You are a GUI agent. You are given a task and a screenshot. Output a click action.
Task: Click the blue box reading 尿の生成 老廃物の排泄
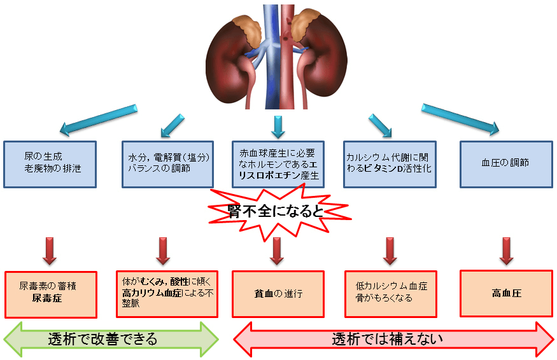coord(50,164)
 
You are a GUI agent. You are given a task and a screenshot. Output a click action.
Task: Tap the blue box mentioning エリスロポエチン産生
coord(278,164)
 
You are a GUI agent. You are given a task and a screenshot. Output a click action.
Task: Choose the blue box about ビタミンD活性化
coord(390,164)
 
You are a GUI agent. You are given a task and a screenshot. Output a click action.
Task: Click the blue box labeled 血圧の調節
coord(505,164)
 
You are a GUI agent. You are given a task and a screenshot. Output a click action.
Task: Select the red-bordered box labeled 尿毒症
coord(51,294)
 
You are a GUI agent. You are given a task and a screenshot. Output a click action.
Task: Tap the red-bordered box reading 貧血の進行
coord(278,294)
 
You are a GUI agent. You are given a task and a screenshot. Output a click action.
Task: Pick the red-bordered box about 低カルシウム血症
coord(391,293)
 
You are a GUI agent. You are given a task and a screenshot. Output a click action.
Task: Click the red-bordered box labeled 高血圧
coord(507,293)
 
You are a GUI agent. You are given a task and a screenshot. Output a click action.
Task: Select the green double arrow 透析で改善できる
coord(111,338)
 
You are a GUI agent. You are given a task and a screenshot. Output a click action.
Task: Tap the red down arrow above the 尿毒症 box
coord(50,251)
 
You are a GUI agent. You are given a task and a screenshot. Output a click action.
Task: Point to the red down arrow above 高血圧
coord(507,251)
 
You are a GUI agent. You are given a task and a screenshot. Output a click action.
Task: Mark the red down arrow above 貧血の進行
coord(277,251)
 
